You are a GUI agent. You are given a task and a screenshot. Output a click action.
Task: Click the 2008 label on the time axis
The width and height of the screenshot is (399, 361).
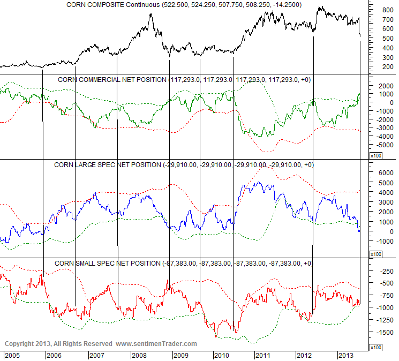click(139, 355)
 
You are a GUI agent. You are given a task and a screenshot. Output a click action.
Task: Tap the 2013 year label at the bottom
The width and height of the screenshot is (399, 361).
click(346, 355)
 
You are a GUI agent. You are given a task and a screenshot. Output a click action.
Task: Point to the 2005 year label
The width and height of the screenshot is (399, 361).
click(13, 355)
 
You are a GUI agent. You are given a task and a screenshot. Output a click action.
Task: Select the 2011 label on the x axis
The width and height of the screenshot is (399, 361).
click(263, 355)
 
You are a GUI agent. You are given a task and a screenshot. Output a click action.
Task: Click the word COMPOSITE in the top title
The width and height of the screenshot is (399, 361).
click(110, 5)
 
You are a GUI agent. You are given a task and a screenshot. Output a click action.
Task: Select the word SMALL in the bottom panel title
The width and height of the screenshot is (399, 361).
click(84, 264)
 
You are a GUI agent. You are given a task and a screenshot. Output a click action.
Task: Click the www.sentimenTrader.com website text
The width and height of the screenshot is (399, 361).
click(156, 344)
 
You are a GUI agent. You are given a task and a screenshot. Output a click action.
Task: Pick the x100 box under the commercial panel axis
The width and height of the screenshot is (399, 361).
click(376, 155)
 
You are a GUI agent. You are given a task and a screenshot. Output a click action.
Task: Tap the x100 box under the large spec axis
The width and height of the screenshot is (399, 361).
click(376, 254)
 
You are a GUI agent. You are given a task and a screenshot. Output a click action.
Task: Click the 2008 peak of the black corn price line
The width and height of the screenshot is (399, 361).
click(150, 14)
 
